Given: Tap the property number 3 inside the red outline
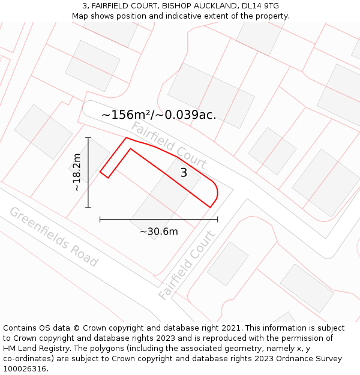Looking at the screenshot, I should click(x=184, y=173).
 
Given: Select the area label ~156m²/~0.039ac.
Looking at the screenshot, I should click(x=158, y=115).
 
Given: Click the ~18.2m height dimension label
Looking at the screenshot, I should click(x=77, y=172).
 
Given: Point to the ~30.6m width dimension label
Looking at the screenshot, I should click(x=159, y=232).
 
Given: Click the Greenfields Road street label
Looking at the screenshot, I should click(x=53, y=236).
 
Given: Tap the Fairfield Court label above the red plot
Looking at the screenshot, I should click(x=169, y=145).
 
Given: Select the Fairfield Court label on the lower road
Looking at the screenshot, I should click(x=187, y=265).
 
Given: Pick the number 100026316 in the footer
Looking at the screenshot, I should click(x=25, y=369).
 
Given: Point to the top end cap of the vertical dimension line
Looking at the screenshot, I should click(x=88, y=138).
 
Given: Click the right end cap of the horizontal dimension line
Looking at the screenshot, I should click(x=217, y=220).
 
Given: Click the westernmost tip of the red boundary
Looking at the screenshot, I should click(x=100, y=172).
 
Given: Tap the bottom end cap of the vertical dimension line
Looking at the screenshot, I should click(x=88, y=208).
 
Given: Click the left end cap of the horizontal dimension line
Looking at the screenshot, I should click(x=100, y=220).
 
